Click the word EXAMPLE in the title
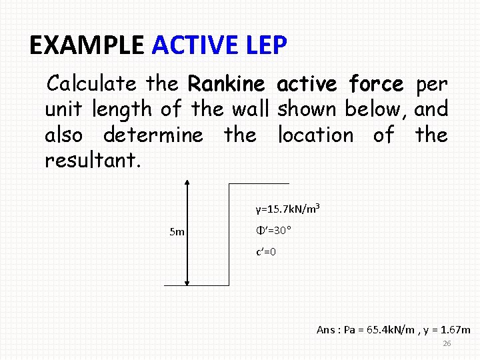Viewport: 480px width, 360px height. click(87, 46)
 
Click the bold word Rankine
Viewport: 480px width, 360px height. click(228, 85)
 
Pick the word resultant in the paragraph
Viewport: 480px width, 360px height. click(92, 161)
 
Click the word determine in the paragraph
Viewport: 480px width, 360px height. click(153, 135)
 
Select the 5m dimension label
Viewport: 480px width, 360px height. click(177, 233)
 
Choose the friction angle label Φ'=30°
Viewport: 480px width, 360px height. click(273, 231)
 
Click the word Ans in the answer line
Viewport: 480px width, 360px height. click(326, 330)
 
